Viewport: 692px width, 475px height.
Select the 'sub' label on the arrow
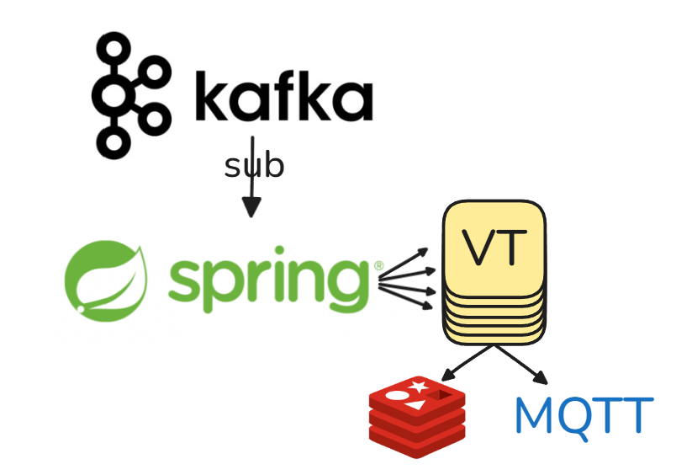point(254,166)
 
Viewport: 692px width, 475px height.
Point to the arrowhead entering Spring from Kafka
point(251,206)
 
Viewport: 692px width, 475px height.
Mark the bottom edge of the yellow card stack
point(496,343)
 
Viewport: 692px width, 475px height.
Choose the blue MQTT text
point(584,414)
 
